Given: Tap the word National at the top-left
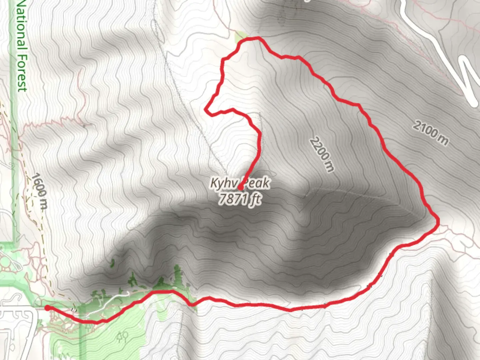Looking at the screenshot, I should tap(22, 25).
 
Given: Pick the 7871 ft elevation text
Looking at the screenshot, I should tap(240, 199).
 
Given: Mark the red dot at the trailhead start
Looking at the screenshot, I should tap(48, 308).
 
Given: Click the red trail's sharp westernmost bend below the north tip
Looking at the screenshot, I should tap(207, 109).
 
